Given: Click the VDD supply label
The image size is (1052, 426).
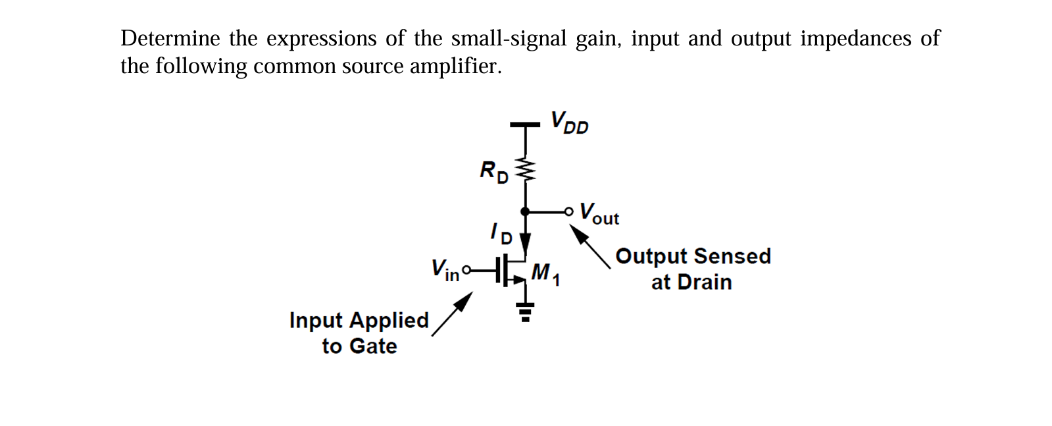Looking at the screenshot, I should click(569, 122).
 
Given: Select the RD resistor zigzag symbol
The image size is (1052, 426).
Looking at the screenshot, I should click(525, 169).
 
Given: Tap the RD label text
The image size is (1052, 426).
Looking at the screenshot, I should click(494, 172).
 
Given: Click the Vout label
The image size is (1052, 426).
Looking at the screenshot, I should click(599, 213).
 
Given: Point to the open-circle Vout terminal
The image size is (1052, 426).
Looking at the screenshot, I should click(569, 211).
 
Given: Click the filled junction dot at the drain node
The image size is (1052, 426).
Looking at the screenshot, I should click(525, 211).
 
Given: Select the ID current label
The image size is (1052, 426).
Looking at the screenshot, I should click(501, 233).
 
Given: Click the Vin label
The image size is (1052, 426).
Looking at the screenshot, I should click(445, 269).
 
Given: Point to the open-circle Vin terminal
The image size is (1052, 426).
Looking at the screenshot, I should click(466, 269).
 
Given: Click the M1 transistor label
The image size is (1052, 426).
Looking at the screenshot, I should click(545, 273).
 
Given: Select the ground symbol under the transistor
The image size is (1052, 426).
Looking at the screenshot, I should click(525, 311).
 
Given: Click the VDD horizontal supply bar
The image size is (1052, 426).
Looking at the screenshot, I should click(525, 124).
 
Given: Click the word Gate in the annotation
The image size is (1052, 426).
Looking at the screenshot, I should click(373, 346).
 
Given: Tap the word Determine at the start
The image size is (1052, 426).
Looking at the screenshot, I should click(170, 38).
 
